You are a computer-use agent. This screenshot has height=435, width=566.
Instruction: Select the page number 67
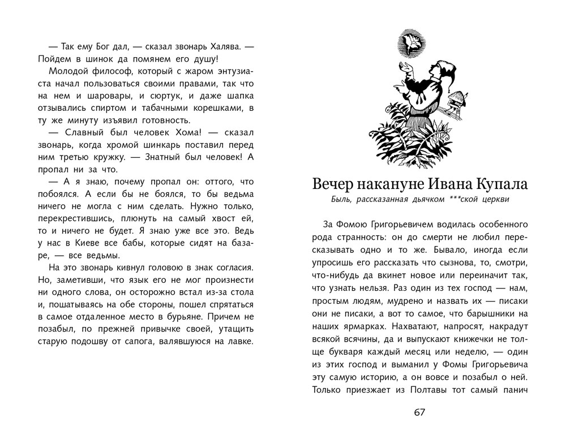(419, 412)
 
